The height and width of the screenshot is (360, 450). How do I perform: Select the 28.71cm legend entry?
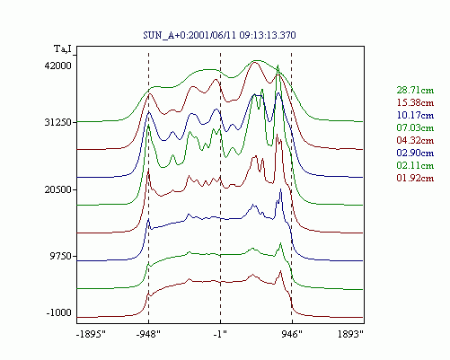coord(415,90)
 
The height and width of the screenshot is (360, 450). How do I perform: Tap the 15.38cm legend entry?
coord(415,102)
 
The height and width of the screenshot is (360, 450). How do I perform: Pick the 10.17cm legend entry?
coord(415,115)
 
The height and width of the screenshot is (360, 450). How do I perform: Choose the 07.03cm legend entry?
coord(415,127)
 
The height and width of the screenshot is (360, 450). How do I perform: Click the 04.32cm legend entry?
coord(415,140)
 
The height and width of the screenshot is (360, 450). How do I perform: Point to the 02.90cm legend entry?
coord(415,153)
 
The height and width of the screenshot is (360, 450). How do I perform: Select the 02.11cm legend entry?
coord(415,165)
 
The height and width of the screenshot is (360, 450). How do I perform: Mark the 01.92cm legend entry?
coord(415,178)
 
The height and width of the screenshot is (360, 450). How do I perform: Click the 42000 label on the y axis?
coord(58,66)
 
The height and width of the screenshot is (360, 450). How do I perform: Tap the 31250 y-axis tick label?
coord(58,122)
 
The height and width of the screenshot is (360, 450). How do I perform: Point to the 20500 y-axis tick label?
coord(58,189)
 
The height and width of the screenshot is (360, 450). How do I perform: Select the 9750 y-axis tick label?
coord(61,256)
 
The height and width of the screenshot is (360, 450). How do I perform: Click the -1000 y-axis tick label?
coord(59,312)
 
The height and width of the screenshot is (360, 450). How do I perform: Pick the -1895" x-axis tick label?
coord(91,334)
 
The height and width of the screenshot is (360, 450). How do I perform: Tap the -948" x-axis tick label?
coord(148,334)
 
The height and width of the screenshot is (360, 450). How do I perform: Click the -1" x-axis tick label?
coord(220,334)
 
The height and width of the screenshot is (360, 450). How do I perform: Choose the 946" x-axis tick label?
coord(292,334)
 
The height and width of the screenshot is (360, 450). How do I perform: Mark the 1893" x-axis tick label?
coord(350,334)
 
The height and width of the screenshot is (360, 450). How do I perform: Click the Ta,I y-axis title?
coord(63,48)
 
